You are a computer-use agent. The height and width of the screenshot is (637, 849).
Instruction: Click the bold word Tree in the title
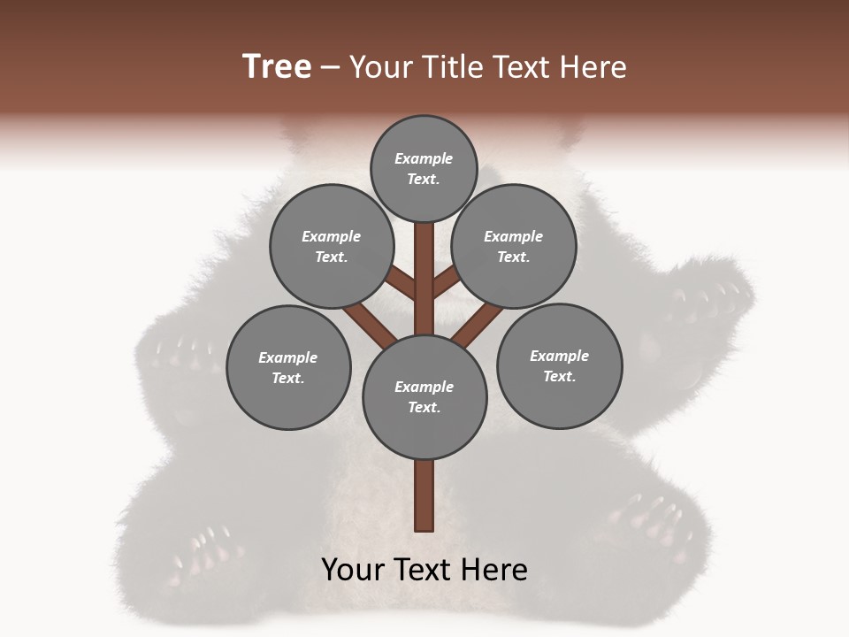(277, 66)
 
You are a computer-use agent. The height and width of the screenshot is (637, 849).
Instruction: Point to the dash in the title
(330, 68)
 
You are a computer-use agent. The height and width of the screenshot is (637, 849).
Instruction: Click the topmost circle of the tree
(424, 168)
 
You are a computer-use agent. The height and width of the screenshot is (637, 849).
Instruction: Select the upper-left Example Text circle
(332, 246)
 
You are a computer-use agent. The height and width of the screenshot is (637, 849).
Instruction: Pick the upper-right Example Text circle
(514, 246)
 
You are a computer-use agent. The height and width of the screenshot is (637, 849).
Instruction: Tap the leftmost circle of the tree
(288, 367)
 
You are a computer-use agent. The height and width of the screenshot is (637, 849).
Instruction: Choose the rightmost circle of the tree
(559, 365)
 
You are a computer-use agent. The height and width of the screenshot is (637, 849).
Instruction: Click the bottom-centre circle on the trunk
(424, 396)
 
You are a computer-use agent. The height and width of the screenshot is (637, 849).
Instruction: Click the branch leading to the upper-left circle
(402, 283)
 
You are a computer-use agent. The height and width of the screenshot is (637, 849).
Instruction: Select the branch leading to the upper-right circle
(446, 282)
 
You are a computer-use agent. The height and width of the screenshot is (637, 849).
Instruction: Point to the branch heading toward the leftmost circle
(370, 323)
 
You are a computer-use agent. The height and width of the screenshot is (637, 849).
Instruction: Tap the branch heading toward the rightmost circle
(478, 324)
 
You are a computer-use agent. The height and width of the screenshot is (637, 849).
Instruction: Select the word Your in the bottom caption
(354, 570)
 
